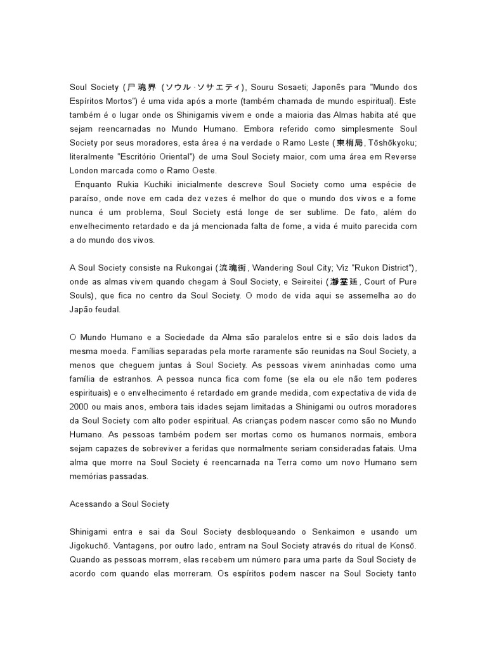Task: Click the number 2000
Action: [80, 408]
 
